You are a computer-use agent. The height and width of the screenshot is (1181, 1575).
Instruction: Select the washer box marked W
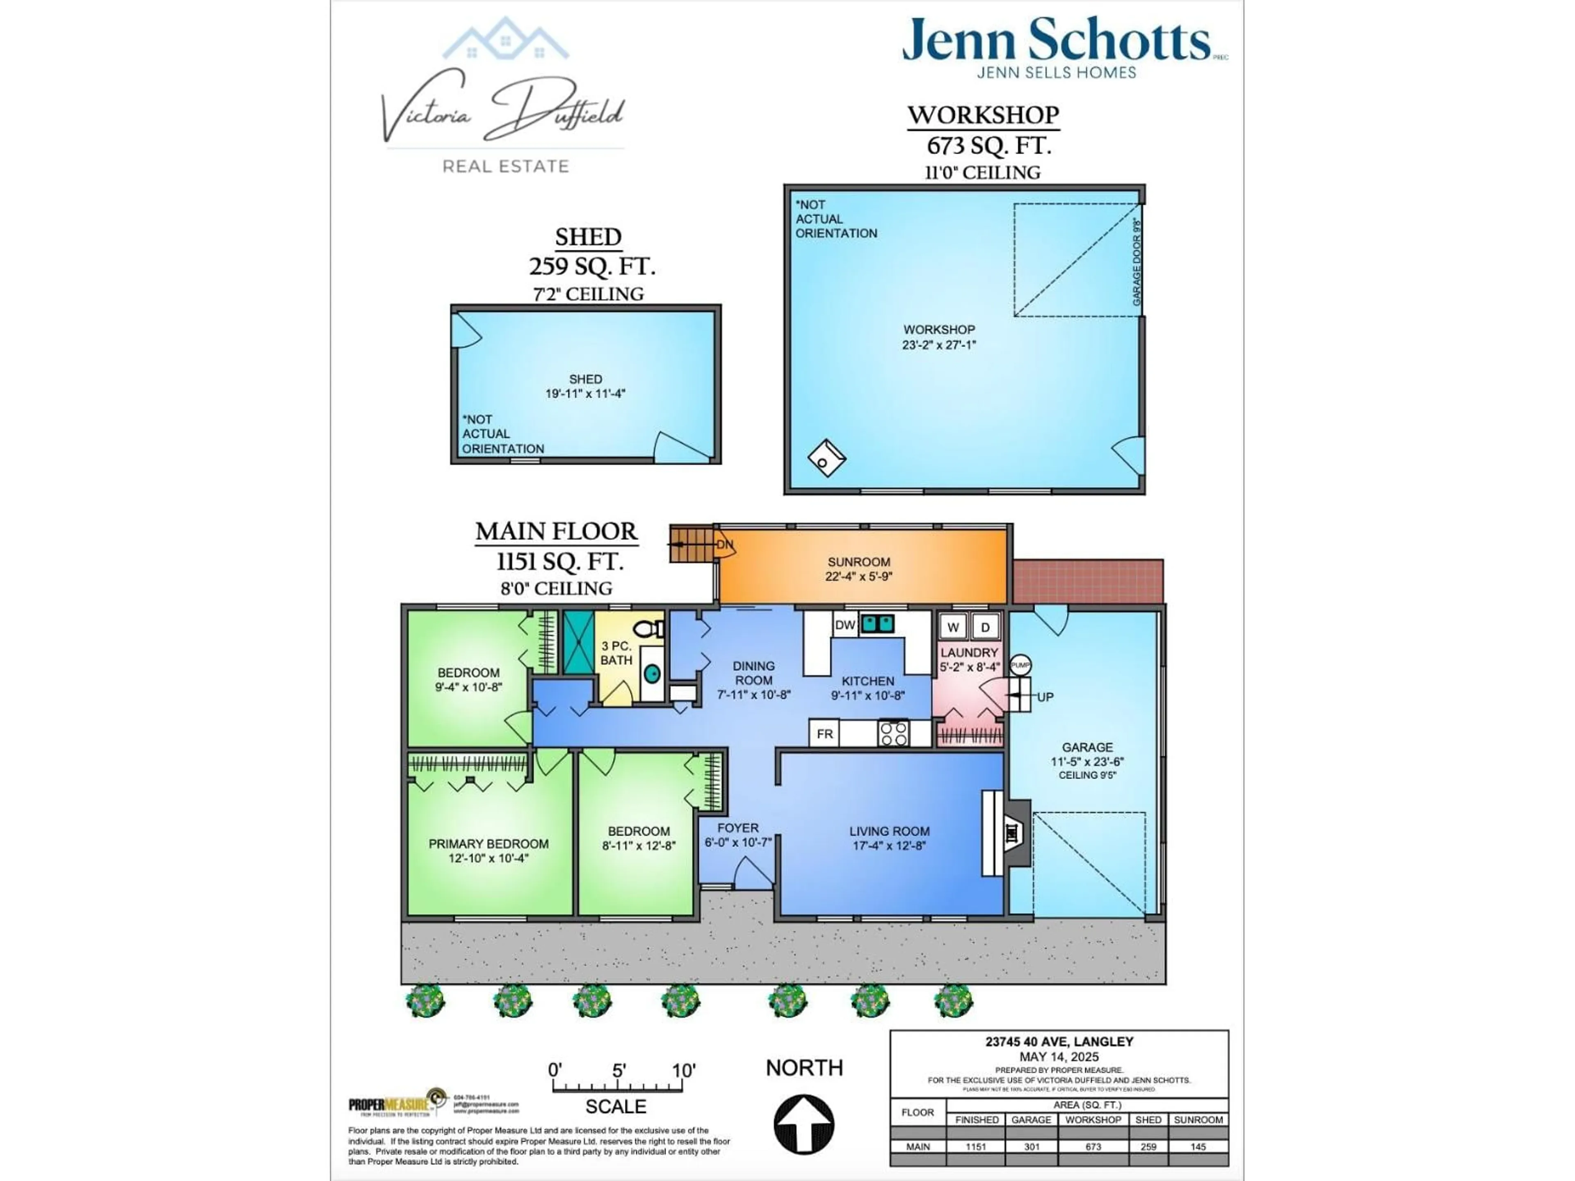coord(953,627)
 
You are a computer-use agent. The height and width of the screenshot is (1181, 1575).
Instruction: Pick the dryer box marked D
coord(986,627)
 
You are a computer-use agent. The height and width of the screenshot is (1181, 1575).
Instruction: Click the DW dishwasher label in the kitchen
coord(845,625)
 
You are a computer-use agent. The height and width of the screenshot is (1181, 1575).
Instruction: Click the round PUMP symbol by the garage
coord(1020,665)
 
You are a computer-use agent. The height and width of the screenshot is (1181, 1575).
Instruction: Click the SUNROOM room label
coord(859,562)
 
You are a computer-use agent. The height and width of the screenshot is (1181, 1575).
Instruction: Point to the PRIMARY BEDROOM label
coord(488,844)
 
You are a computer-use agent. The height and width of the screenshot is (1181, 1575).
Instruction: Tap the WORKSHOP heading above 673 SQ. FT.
coord(983,114)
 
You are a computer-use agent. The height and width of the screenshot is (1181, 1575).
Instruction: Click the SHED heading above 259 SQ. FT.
coord(588,236)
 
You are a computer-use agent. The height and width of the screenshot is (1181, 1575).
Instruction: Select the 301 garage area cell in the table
coord(1031,1146)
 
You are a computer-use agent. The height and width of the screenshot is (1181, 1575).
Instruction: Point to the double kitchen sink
coord(877,624)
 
